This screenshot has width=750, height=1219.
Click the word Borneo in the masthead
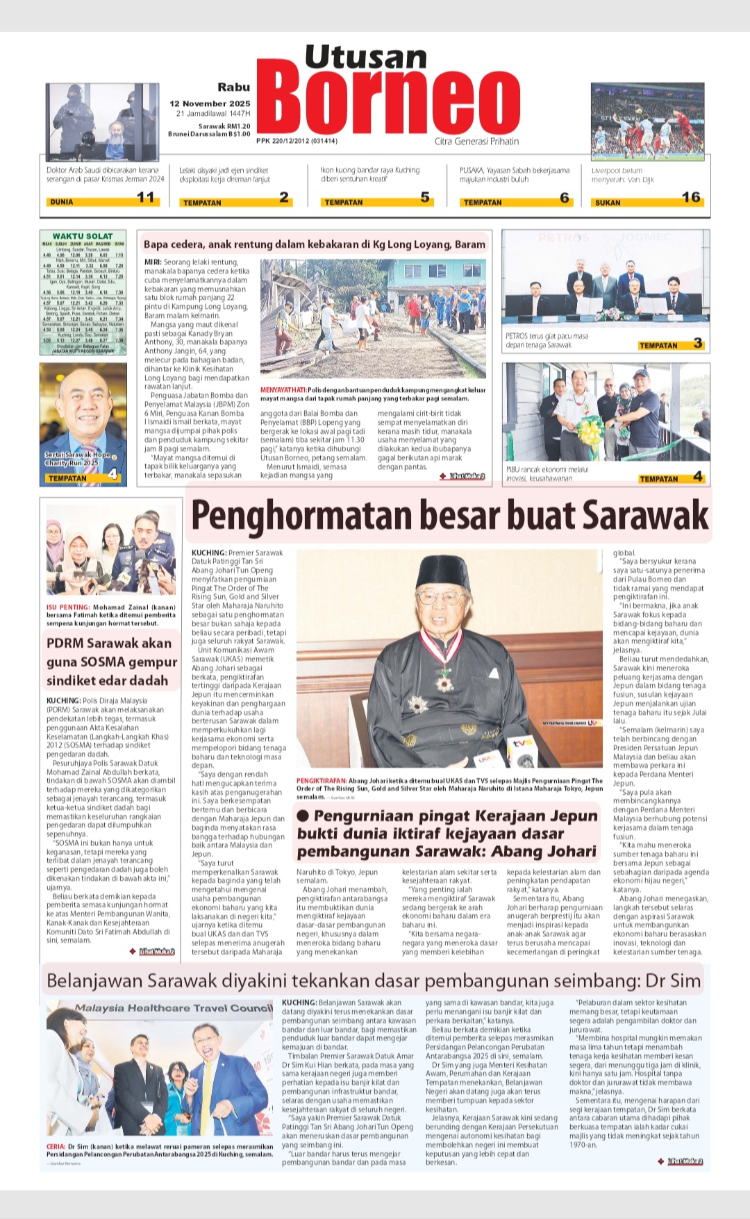pyautogui.click(x=388, y=103)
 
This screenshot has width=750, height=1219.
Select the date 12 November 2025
pyautogui.click(x=210, y=103)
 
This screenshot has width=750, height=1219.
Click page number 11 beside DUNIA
pyautogui.click(x=146, y=198)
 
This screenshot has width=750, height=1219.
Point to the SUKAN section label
pyautogui.click(x=608, y=203)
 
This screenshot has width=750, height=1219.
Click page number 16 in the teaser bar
pyautogui.click(x=691, y=198)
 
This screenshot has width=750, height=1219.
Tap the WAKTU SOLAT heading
pyautogui.click(x=83, y=236)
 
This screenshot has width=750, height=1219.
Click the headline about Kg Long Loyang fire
pyautogui.click(x=314, y=244)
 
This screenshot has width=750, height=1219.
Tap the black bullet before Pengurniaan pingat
pyautogui.click(x=303, y=816)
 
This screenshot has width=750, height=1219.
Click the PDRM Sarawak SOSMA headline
pyautogui.click(x=108, y=662)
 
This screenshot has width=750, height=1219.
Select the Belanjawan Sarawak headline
pyautogui.click(x=374, y=981)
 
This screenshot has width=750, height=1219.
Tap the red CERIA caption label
pyautogui.click(x=56, y=1147)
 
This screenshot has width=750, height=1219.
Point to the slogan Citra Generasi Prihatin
pyautogui.click(x=476, y=142)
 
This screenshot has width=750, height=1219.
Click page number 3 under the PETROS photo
pyautogui.click(x=698, y=344)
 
